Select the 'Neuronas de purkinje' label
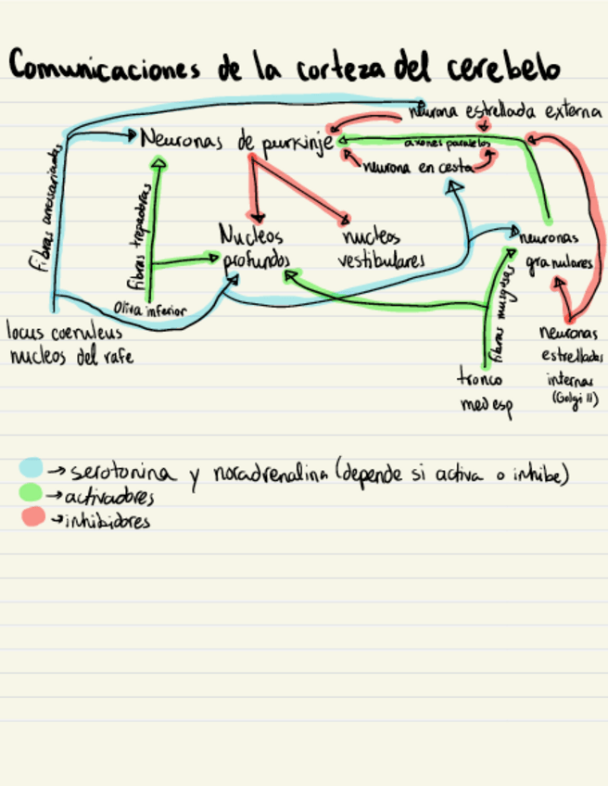[x=236, y=142]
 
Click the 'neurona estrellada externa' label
[x=505, y=112]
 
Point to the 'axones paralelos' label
[x=447, y=144]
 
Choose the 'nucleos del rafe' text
[x=70, y=355]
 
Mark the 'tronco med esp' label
[x=486, y=391]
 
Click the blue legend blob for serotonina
[x=32, y=468]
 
